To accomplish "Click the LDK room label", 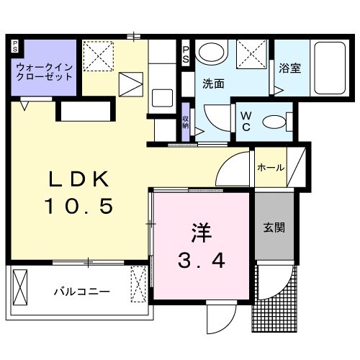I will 81,179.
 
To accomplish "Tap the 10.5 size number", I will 79,208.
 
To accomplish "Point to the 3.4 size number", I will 202,259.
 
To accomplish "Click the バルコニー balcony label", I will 83,292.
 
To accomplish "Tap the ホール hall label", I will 270,168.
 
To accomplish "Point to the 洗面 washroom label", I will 212,83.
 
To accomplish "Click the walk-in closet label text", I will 44,71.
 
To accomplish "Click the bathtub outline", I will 330,69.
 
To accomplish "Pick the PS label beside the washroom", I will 186,53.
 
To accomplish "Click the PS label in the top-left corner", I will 14,46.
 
